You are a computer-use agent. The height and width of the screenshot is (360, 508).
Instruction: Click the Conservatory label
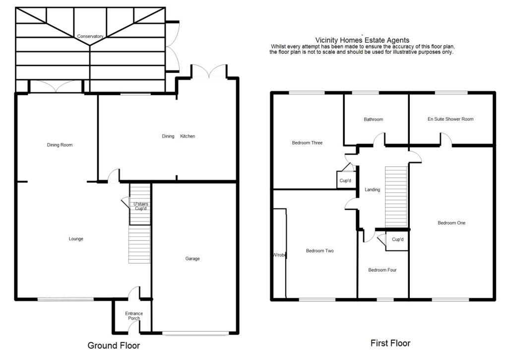click(x=90, y=36)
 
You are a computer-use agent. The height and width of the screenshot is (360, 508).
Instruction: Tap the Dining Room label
click(x=60, y=145)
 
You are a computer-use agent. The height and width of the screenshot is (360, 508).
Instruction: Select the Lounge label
click(x=76, y=239)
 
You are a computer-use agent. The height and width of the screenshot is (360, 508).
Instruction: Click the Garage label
click(x=192, y=259)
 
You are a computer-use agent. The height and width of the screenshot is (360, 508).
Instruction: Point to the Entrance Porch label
click(x=134, y=316)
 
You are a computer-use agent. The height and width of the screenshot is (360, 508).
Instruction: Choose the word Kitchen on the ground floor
click(x=188, y=136)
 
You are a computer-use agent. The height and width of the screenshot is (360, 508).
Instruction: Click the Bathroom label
click(x=373, y=119)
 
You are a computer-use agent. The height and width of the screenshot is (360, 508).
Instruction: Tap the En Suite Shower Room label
click(x=450, y=119)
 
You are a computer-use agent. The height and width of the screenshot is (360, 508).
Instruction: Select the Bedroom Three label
click(x=307, y=143)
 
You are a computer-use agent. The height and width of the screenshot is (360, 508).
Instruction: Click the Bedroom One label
click(x=451, y=223)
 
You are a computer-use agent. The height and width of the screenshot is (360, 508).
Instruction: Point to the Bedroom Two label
click(x=319, y=251)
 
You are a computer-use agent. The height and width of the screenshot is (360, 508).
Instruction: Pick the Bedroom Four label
click(x=382, y=270)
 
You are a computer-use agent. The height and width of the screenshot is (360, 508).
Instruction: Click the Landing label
click(x=372, y=190)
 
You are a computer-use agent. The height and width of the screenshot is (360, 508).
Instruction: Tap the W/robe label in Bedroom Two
click(x=280, y=255)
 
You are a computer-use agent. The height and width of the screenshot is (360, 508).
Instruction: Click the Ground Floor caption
click(x=114, y=346)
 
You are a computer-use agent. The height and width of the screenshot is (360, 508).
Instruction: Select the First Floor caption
click(x=390, y=343)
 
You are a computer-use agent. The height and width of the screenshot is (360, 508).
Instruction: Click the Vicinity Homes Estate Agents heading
click(x=362, y=40)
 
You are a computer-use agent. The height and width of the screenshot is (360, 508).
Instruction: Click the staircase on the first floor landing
click(x=396, y=196)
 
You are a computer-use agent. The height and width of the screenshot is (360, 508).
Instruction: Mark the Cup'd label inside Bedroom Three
click(x=345, y=180)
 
